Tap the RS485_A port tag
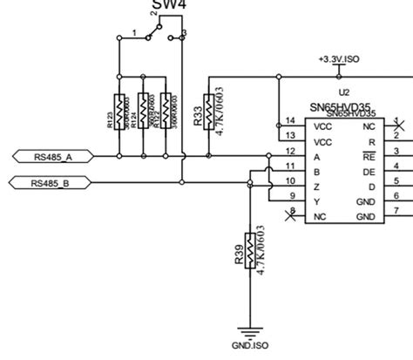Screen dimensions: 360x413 pyautogui.click(x=48, y=157)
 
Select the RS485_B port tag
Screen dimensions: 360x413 pyautogui.click(x=48, y=183)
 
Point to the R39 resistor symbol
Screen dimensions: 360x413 pyautogui.click(x=250, y=252)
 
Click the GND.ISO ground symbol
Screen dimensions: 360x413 pyautogui.click(x=250, y=332)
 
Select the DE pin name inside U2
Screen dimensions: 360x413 pyautogui.click(x=369, y=172)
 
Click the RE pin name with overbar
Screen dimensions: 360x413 pyautogui.click(x=369, y=157)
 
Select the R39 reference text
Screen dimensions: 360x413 pyautogui.click(x=238, y=253)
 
